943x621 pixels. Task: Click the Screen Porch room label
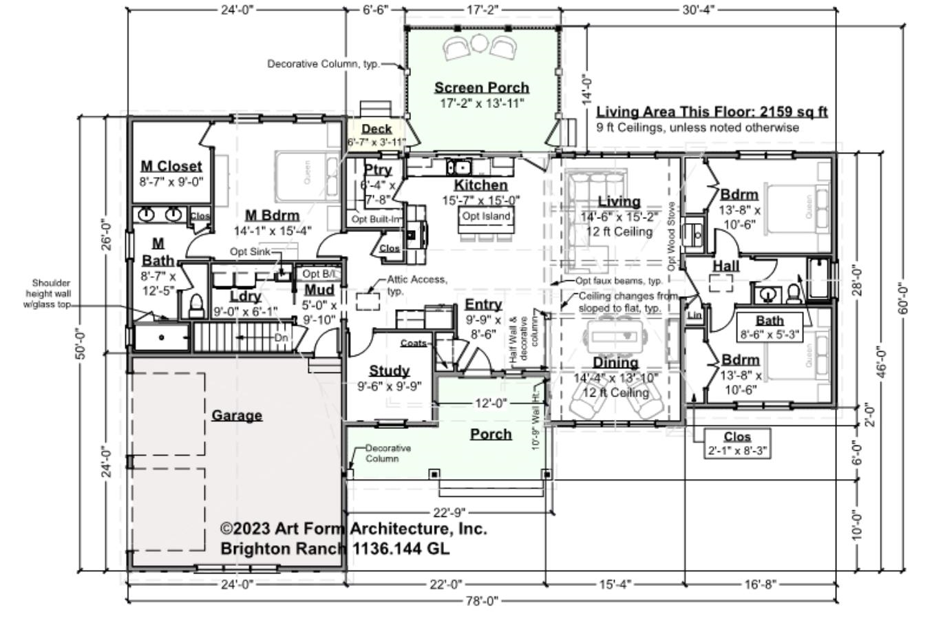click(x=481, y=88)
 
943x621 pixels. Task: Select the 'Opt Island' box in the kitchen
click(x=486, y=216)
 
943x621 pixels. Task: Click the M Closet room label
click(x=171, y=166)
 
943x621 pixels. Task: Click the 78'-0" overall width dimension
click(x=482, y=600)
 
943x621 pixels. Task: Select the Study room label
click(x=389, y=371)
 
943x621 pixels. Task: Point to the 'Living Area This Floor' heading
click(x=712, y=112)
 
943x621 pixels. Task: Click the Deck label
click(x=377, y=129)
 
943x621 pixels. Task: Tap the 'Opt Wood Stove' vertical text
click(x=671, y=236)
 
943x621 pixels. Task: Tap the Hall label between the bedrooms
click(x=725, y=266)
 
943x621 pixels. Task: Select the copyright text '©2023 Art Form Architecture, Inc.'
click(x=353, y=529)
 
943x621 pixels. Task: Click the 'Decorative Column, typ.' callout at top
click(x=323, y=64)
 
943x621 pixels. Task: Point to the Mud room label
click(x=319, y=290)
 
